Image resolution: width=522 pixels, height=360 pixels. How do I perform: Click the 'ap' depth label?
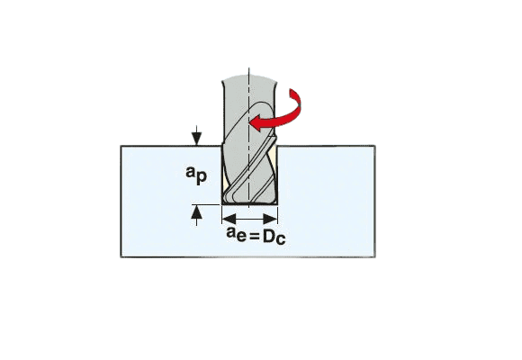click(196, 175)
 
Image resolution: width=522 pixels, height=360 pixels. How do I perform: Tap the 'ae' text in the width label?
click(237, 233)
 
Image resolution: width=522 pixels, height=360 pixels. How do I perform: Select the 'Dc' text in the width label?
click(274, 237)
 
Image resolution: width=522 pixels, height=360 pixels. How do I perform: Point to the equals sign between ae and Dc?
click(254, 237)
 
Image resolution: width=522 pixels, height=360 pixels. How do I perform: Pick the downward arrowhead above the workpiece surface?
click(197, 139)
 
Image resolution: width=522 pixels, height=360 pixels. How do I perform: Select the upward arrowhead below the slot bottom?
click(197, 211)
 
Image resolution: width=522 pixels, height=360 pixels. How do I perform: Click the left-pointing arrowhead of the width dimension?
click(229, 219)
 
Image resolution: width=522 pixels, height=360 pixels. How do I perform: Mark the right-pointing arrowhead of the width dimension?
click(271, 219)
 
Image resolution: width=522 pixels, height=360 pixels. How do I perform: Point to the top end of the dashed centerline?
click(249, 67)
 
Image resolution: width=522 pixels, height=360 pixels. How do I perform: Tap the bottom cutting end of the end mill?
click(249, 202)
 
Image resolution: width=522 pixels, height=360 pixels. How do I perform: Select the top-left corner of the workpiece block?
click(121, 146)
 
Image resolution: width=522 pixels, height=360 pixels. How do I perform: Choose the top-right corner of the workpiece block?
click(375, 146)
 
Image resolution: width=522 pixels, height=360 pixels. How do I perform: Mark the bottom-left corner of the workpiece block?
click(121, 256)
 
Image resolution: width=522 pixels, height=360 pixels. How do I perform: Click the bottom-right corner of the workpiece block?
click(375, 256)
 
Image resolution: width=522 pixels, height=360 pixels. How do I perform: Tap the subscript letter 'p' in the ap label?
click(202, 178)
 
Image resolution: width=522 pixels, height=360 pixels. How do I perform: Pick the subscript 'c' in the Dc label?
click(281, 239)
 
